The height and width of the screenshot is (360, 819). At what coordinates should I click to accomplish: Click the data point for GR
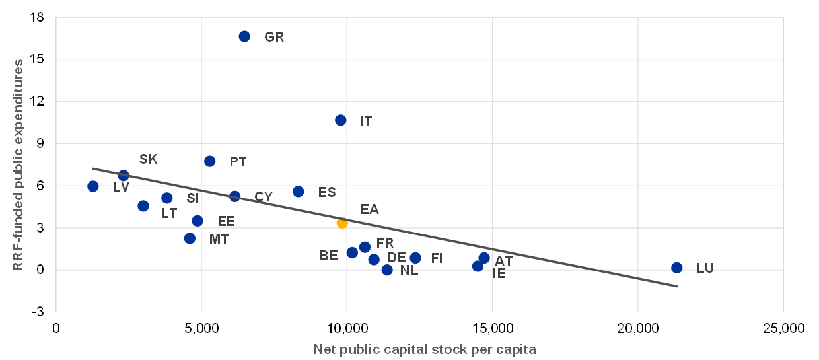point(244,36)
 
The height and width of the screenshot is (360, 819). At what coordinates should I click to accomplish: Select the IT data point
point(341,120)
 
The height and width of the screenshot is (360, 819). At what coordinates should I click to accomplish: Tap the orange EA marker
point(342,223)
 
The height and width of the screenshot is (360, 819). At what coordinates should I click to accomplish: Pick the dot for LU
point(677,268)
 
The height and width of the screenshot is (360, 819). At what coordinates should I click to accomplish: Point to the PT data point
point(210,161)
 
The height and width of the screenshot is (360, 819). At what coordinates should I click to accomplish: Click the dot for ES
point(299,192)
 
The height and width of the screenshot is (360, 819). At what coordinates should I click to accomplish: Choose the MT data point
point(190,238)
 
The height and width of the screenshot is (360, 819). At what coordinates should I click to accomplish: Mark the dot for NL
point(387,270)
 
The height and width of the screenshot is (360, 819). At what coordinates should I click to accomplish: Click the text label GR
point(274,37)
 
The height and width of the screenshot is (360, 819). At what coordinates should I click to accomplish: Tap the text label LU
point(705,268)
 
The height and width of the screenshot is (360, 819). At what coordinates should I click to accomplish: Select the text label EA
point(370,209)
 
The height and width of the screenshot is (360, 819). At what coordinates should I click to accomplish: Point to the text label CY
point(264,197)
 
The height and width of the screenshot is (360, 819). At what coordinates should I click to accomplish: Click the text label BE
point(329,256)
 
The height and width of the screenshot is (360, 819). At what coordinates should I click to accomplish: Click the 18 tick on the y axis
point(37,17)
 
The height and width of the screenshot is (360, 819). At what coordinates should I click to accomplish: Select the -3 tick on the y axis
point(37,312)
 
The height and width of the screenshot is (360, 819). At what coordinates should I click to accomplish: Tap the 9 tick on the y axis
point(40,143)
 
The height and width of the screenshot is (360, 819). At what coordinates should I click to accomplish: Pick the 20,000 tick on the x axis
point(638,328)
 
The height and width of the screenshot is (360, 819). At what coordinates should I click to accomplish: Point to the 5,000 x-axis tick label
point(201,328)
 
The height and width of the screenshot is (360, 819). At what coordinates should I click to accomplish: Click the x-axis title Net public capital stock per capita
point(425,349)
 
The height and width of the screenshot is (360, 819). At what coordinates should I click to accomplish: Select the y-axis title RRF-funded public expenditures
point(18,165)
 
